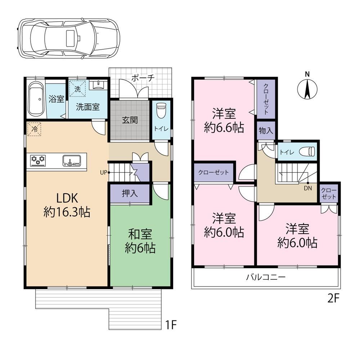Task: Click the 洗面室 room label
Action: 88,107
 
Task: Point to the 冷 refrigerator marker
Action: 34,129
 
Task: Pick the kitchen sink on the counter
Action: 72,161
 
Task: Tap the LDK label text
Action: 67,198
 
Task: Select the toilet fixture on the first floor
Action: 161,110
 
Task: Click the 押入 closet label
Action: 130,193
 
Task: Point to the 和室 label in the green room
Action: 140,234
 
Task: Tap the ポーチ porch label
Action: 143,78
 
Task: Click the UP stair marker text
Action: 104,172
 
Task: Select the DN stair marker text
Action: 308,188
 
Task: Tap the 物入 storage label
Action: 266,131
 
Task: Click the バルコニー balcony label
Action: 266,277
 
